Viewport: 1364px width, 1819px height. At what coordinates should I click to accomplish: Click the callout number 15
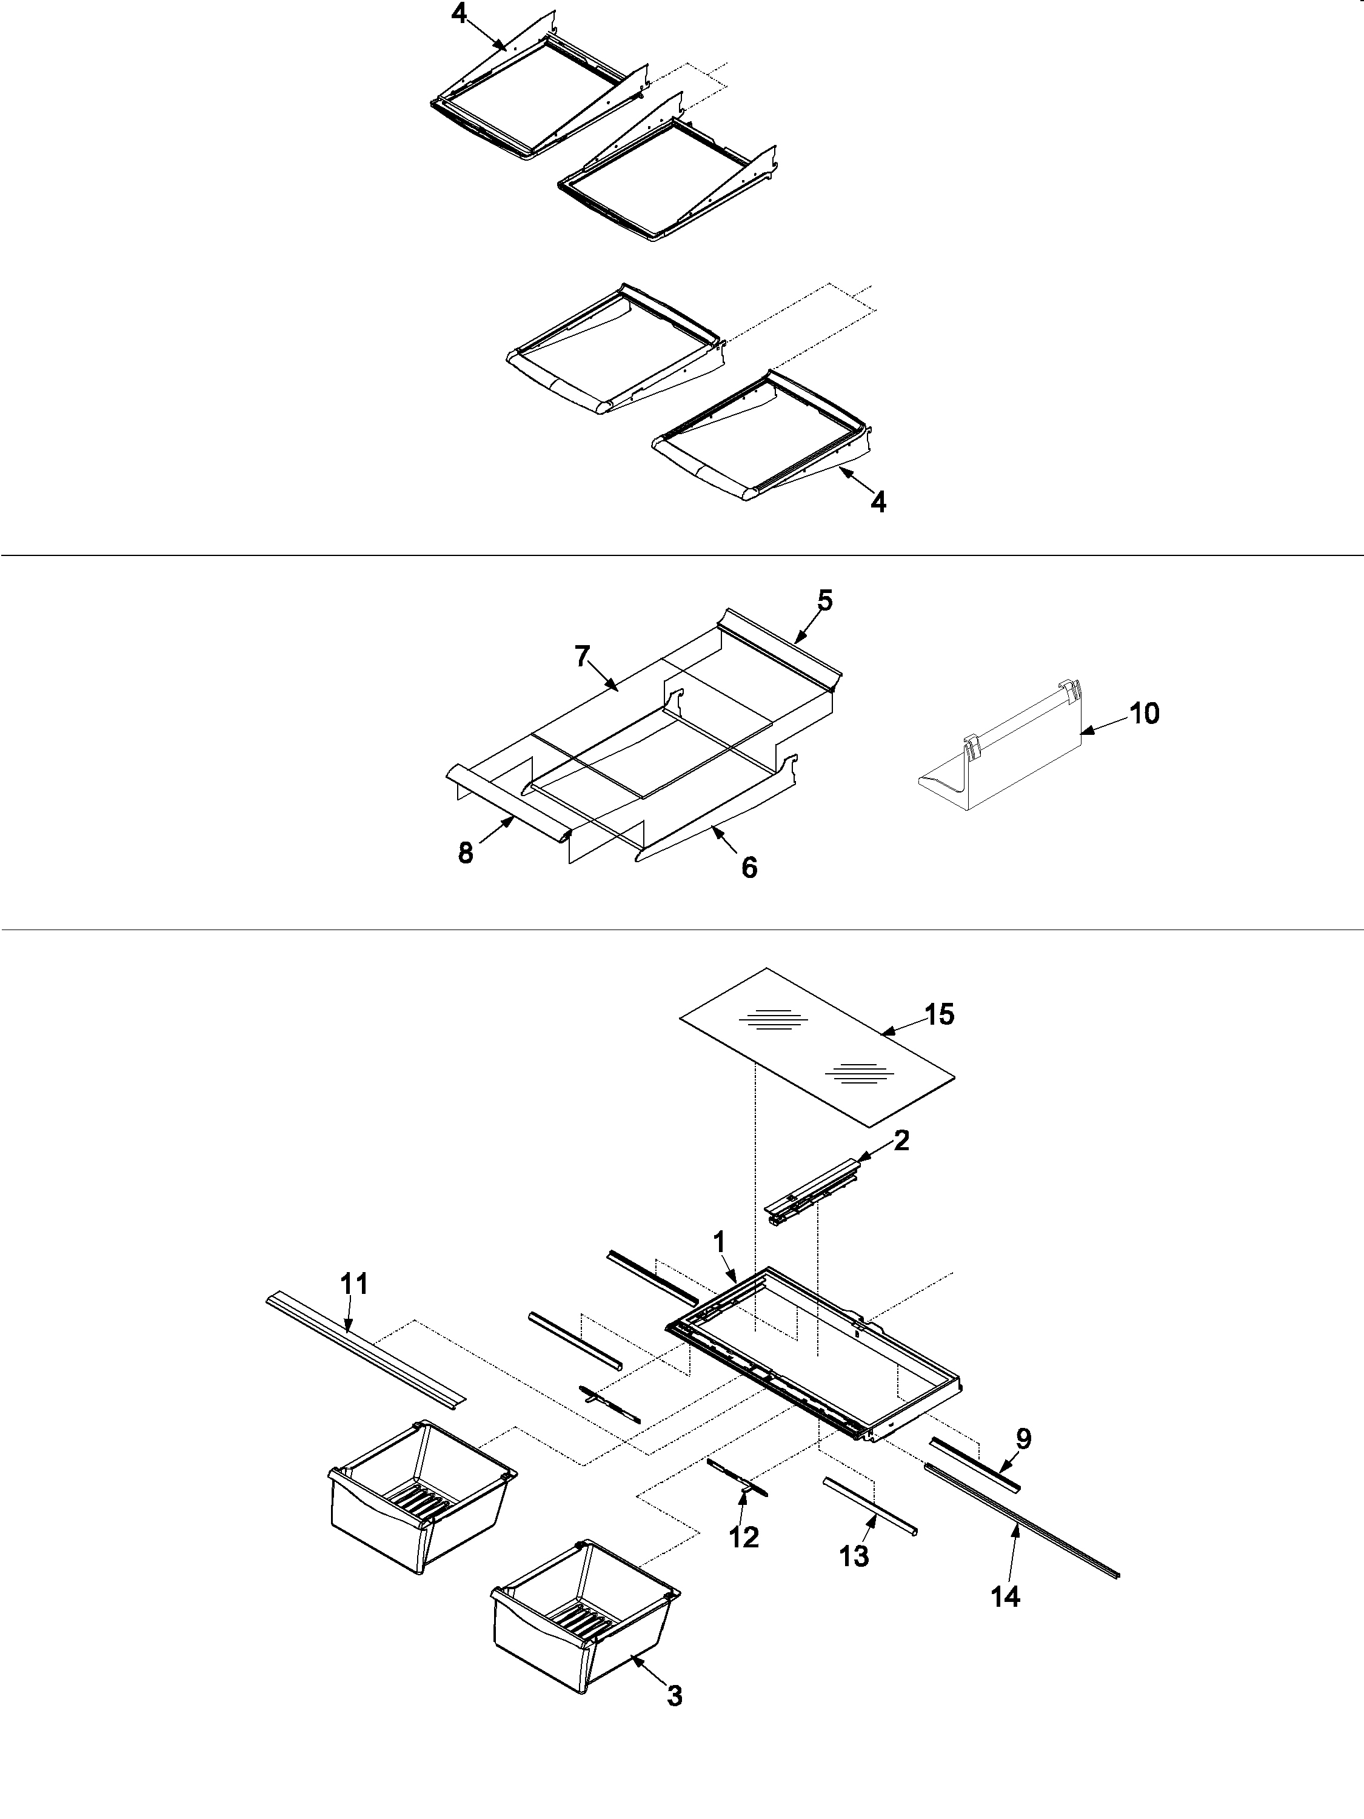coord(939,1015)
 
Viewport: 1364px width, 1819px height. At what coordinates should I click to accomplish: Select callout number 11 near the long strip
coord(355,1284)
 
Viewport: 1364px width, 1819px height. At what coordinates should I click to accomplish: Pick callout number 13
coord(855,1556)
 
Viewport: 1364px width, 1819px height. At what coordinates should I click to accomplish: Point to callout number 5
coord(824,601)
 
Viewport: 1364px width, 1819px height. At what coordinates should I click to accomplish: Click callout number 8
coord(466,854)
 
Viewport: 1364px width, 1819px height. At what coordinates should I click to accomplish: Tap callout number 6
coord(749,868)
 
